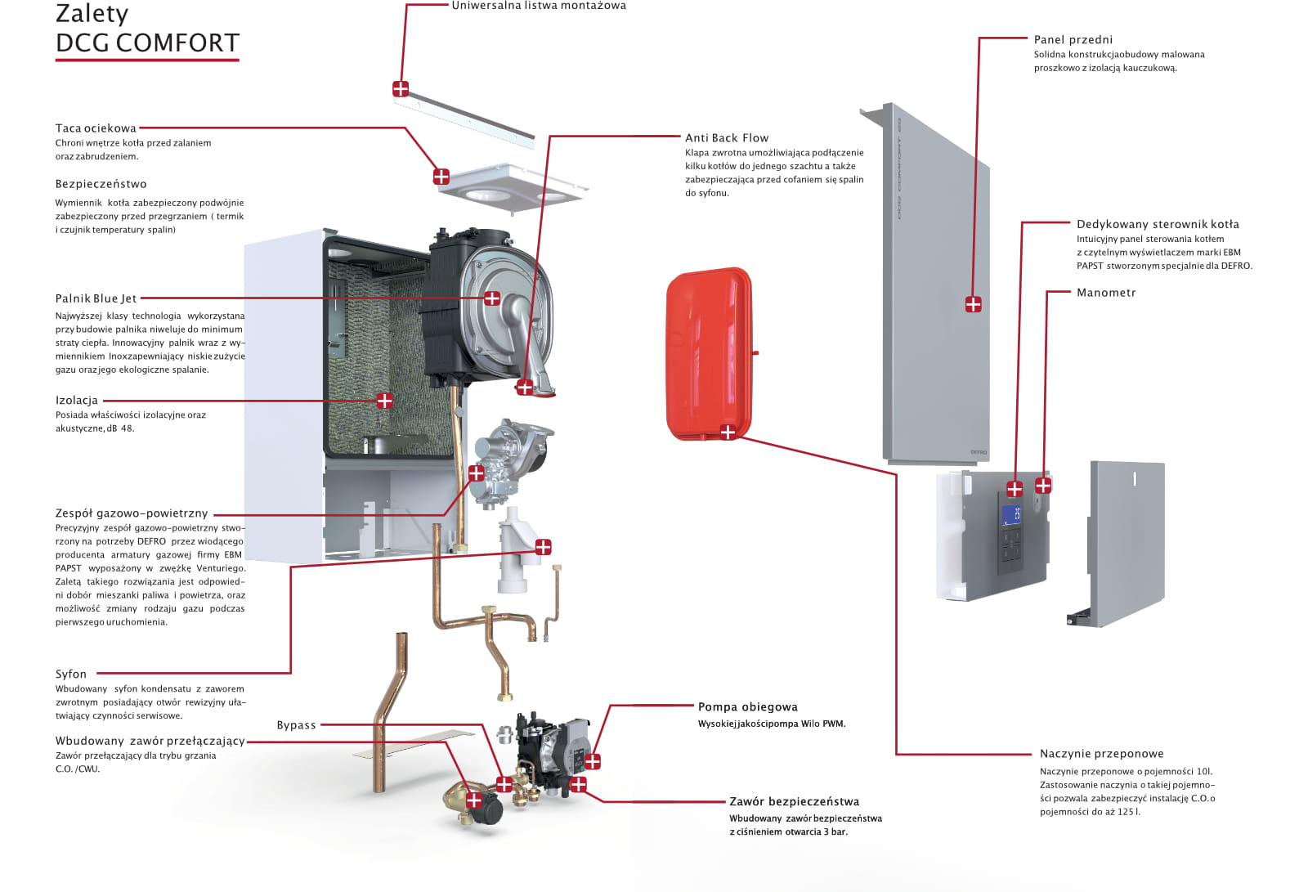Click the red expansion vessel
tap(710, 354)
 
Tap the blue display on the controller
tap(1011, 515)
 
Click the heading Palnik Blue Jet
tap(96, 298)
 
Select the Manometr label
tap(1106, 293)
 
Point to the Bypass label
tap(296, 725)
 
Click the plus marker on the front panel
tap(973, 304)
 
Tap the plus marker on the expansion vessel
tap(728, 433)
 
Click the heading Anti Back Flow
tap(727, 138)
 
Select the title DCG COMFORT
tap(147, 43)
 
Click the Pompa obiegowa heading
tap(747, 707)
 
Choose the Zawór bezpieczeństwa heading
tap(794, 801)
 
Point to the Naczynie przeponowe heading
tap(1101, 754)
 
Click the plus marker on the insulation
tap(384, 401)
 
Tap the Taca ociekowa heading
tap(96, 128)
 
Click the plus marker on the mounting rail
tap(401, 89)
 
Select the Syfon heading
tap(70, 675)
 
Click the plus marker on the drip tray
tap(441, 176)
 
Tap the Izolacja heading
tap(77, 401)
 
